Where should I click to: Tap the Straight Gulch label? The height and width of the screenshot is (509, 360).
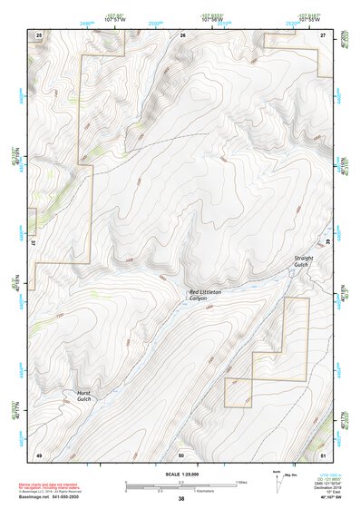pyautogui.click(x=303, y=261)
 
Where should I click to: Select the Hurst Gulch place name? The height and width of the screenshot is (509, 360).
pyautogui.click(x=83, y=396)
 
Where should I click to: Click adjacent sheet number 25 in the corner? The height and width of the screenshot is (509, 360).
pyautogui.click(x=39, y=34)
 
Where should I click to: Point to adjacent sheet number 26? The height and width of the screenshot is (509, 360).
pyautogui.click(x=182, y=34)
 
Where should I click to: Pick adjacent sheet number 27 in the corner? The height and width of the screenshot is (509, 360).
pyautogui.click(x=323, y=34)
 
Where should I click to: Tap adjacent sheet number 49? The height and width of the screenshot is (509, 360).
pyautogui.click(x=39, y=454)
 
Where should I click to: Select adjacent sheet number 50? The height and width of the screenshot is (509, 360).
pyautogui.click(x=181, y=454)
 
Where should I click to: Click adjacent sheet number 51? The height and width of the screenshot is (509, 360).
pyautogui.click(x=323, y=454)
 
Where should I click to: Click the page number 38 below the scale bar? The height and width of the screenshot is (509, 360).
pyautogui.click(x=181, y=499)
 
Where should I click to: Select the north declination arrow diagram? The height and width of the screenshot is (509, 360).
pyautogui.click(x=279, y=481)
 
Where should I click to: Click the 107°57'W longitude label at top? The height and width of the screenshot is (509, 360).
pyautogui.click(x=117, y=18)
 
